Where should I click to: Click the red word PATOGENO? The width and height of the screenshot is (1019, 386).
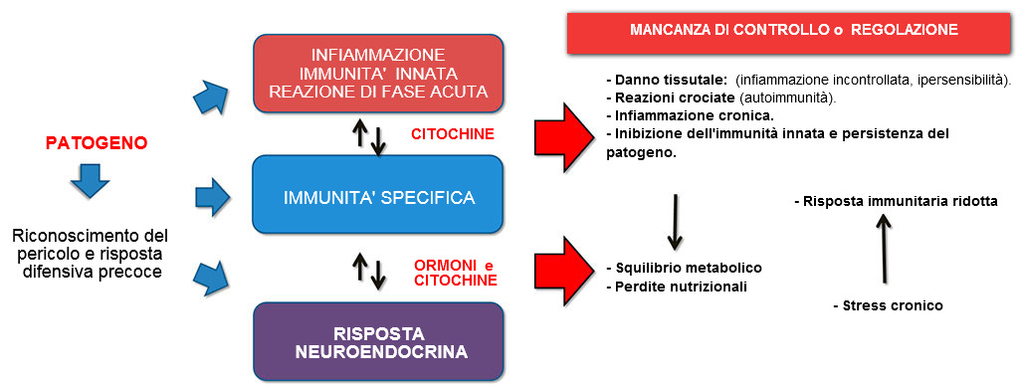97,143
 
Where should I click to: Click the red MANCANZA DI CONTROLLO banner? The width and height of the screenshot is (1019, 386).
794,31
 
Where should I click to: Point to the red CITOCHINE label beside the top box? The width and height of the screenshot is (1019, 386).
451,134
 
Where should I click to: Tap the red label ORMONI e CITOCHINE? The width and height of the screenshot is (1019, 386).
456,273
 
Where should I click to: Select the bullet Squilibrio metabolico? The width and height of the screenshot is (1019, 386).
684,269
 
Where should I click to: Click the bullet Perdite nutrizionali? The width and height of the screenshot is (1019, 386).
677,288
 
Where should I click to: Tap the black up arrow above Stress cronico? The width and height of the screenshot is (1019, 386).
880,250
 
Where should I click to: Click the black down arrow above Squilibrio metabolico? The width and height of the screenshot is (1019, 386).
675,220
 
